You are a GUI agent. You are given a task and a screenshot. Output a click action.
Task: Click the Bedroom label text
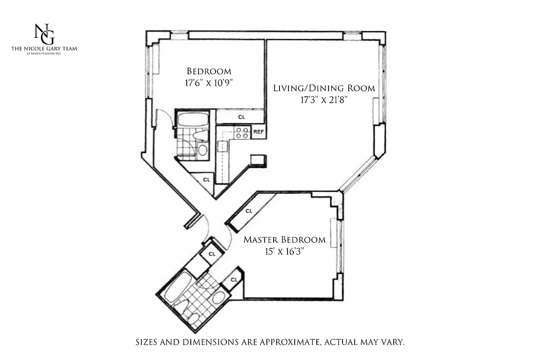click(209, 71)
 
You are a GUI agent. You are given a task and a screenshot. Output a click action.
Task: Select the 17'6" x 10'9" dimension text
click(209, 83)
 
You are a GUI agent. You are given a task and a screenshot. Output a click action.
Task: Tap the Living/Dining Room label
click(324, 88)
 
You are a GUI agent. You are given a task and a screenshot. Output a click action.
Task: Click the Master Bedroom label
click(284, 239)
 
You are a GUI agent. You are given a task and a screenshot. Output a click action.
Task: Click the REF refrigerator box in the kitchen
click(258, 132)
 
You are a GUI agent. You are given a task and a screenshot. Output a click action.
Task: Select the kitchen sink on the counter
click(222, 147)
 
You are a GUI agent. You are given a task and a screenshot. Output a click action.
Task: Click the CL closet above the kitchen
click(241, 117)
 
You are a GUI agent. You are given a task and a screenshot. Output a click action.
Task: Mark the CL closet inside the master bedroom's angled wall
click(249, 211)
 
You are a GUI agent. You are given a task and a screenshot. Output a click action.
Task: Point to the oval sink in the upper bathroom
click(203, 150)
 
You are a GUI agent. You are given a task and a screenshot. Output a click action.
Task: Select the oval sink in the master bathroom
click(219, 297)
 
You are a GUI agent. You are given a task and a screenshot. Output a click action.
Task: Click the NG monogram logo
click(44, 34)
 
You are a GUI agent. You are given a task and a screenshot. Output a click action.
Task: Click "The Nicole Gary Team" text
click(44, 49)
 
